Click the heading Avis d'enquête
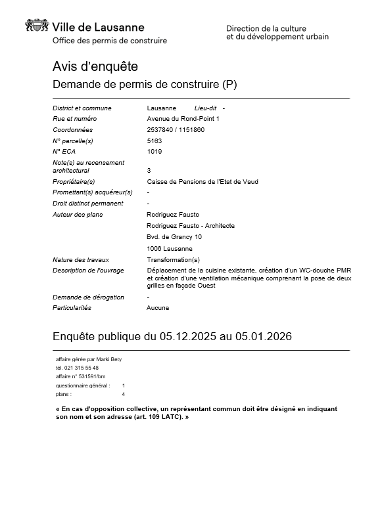(95, 66)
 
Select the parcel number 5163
(154, 141)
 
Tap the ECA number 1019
(154, 152)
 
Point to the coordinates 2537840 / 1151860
(176, 129)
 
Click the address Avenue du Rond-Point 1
(183, 119)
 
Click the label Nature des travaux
(80, 260)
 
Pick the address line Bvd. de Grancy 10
(174, 236)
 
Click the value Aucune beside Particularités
(158, 307)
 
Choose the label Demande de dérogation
(88, 297)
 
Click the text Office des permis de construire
(109, 41)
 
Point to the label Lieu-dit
(206, 108)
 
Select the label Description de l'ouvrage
(87, 270)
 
